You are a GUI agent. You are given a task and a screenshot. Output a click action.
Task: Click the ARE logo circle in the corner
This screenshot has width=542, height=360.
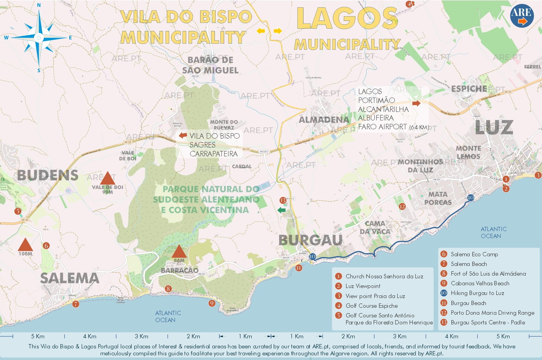[522, 16]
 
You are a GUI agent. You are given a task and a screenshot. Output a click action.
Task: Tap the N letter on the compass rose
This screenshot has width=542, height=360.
[39, 5]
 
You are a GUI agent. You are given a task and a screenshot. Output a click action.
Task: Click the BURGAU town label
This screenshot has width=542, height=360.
[310, 240]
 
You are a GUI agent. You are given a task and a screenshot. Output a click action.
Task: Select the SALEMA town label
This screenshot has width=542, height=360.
[70, 278]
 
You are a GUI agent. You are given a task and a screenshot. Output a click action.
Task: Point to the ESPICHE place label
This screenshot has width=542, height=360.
[469, 89]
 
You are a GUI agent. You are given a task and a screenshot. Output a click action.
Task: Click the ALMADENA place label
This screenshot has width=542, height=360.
[324, 120]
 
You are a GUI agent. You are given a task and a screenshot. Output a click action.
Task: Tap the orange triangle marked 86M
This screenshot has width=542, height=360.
[179, 251]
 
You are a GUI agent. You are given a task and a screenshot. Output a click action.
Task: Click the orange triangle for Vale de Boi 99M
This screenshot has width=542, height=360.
[108, 178]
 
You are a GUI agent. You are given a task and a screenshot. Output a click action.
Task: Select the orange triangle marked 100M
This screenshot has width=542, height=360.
[25, 245]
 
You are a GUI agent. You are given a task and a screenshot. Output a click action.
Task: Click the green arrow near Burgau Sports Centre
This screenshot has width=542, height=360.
[281, 210]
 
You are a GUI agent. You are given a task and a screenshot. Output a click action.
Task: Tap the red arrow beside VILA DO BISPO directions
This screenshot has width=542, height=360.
[183, 135]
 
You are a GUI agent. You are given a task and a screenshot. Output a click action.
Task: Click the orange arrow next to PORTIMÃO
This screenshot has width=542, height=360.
[416, 103]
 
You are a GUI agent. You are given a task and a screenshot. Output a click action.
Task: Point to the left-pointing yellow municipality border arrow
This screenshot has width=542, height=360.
[261, 31]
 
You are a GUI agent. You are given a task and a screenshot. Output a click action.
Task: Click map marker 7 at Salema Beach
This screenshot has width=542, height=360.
[75, 304]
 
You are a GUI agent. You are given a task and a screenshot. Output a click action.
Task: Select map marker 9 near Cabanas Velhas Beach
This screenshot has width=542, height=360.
[212, 303]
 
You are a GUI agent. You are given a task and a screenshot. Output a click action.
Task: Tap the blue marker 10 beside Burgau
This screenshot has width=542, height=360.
[312, 256]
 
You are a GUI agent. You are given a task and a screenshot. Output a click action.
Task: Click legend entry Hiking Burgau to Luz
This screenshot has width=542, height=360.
[477, 293]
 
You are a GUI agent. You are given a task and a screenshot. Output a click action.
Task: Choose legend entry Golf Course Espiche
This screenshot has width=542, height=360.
[371, 306]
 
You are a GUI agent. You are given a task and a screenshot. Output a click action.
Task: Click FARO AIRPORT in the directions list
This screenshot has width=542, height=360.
[382, 127]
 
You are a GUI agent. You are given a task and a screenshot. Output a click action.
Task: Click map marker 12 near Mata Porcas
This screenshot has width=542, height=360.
[402, 206]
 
